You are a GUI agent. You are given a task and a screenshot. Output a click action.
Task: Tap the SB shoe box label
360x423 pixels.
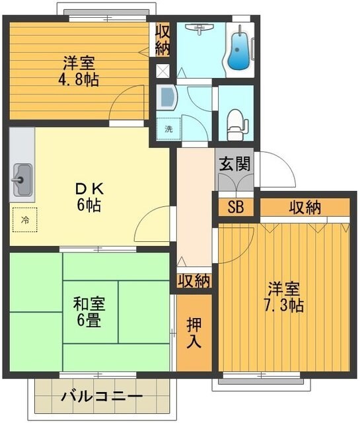point(235,206)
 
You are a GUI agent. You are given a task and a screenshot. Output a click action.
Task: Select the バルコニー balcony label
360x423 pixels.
point(102,397)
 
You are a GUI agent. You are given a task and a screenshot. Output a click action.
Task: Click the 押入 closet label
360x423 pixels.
point(194,332)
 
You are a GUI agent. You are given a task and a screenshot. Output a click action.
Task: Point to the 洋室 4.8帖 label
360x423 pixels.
point(78,72)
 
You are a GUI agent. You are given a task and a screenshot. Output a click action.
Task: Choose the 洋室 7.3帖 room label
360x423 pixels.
point(285,297)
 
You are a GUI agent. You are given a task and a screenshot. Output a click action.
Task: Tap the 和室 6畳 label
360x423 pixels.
point(89,313)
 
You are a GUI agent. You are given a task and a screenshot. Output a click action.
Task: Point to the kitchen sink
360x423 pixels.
point(22,178)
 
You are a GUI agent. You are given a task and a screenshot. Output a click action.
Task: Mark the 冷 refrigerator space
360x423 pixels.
point(25,219)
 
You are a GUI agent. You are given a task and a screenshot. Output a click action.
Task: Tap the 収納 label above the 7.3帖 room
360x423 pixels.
point(305,207)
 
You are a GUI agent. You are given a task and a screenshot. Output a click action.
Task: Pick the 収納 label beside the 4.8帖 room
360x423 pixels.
point(162,40)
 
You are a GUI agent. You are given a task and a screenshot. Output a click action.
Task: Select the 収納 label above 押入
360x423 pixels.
point(194,281)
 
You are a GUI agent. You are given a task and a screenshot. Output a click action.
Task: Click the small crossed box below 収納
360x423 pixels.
point(162,71)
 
